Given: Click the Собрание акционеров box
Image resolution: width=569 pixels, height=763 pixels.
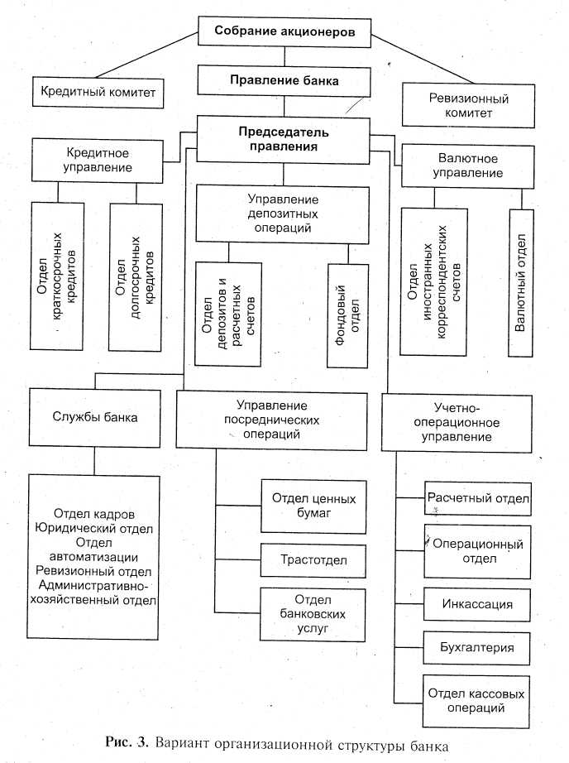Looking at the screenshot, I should [x=284, y=32].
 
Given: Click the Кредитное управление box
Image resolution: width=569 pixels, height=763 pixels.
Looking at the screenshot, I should [x=98, y=161].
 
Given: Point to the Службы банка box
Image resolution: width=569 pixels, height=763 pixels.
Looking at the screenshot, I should [x=93, y=418].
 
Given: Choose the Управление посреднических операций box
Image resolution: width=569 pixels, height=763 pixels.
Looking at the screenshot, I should [x=272, y=420].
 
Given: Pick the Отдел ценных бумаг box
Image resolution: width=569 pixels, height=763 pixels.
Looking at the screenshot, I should [x=313, y=506].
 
